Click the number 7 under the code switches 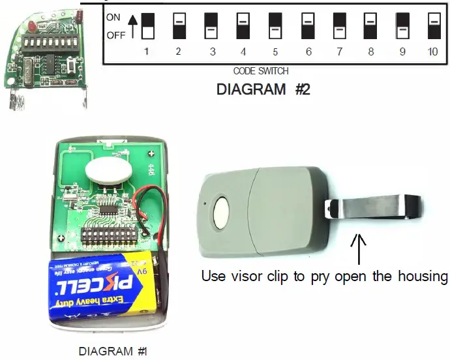point(338,52)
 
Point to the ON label point(114,18)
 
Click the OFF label point(115,35)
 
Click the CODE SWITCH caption point(261,71)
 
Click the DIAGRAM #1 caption point(113,352)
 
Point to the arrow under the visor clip point(357,248)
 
